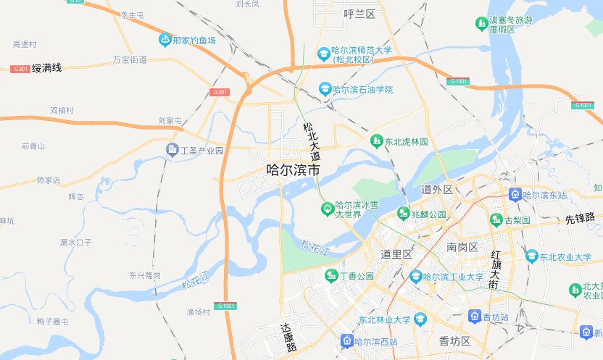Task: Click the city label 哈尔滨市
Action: click(294, 172)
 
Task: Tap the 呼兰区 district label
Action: click(359, 14)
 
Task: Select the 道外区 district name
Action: click(437, 190)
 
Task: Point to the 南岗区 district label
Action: click(462, 248)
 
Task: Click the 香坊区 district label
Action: click(455, 341)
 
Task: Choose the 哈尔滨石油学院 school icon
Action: click(326, 89)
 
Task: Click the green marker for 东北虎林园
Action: click(376, 141)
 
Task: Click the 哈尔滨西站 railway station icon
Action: click(347, 341)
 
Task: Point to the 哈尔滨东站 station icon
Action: click(514, 195)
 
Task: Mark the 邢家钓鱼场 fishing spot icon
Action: click(165, 41)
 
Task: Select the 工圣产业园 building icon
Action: click(172, 151)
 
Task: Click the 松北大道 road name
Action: click(311, 141)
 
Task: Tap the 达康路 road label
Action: click(289, 338)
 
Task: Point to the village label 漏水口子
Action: click(75, 242)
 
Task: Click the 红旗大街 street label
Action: click(496, 270)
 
